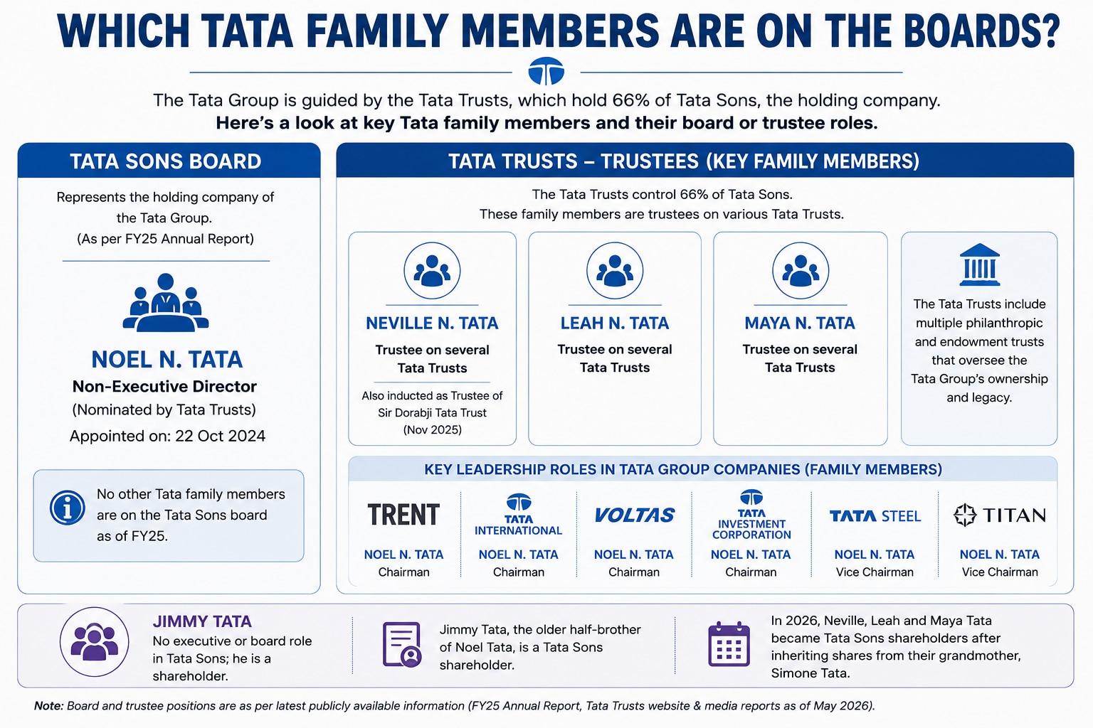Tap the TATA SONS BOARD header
[x=166, y=161]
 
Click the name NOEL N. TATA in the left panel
[x=167, y=359]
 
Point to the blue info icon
[x=68, y=508]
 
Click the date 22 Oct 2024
[x=220, y=436]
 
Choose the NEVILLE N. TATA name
[x=432, y=323]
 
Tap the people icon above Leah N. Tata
[x=614, y=271]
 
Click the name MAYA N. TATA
[x=800, y=323]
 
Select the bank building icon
[x=979, y=264]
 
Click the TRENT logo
[x=403, y=515]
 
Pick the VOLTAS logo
[x=634, y=515]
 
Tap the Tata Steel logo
[x=875, y=516]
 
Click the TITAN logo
[x=999, y=515]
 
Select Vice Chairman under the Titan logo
[x=1000, y=572]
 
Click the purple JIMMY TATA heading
[x=202, y=621]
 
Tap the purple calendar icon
[x=729, y=643]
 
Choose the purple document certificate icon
[x=401, y=645]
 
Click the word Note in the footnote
[x=48, y=706]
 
